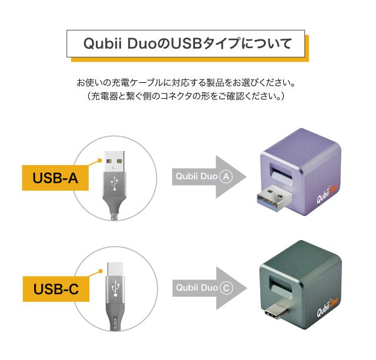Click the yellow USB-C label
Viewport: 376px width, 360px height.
[56, 290]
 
